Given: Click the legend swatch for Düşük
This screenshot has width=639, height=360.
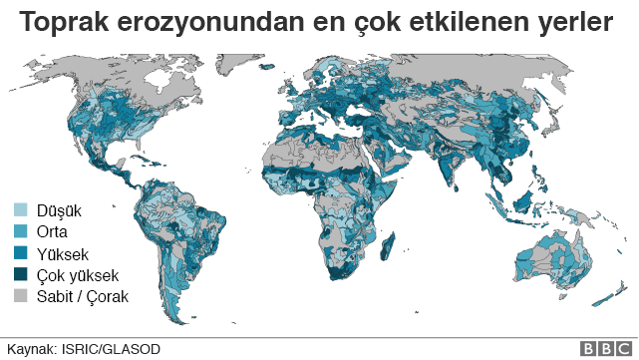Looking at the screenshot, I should point(19,210).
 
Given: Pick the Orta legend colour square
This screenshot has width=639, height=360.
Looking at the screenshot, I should point(19,232).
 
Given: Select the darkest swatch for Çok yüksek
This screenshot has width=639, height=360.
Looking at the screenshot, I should point(19,275).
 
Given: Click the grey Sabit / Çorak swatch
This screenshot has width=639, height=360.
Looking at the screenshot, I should point(19,296).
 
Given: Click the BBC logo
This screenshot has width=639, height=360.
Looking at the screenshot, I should point(601,348).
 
